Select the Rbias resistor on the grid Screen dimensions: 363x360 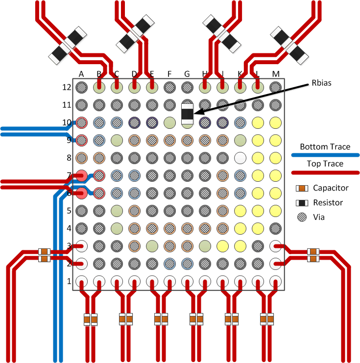pos(187,114)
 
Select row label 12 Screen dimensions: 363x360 pos(66,87)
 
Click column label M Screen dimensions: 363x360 pos(275,74)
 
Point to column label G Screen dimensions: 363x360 pos(187,74)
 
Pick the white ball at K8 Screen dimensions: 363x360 pos(240,158)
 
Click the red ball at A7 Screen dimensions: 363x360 pos(82,175)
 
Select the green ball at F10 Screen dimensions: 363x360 pos(169,122)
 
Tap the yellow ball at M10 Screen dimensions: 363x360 pos(275,122)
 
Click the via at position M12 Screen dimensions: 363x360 pos(275,87)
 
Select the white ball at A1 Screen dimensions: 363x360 pos(82,281)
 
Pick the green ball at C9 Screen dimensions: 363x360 pos(117,140)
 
